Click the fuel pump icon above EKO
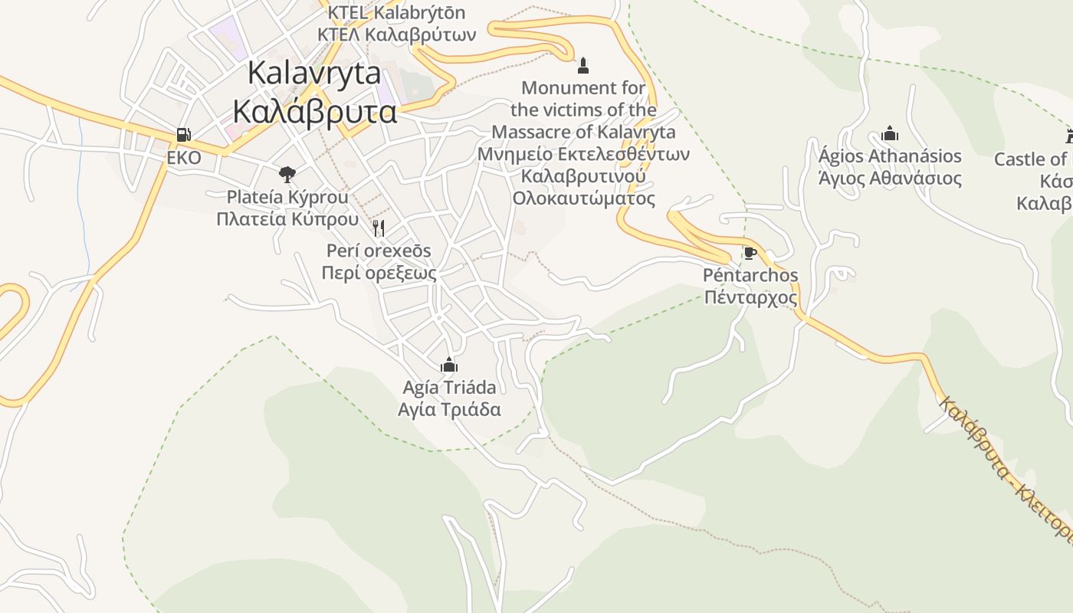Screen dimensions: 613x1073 point(183,135)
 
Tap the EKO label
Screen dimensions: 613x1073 point(184,158)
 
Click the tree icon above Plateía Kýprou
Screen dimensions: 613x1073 point(287,175)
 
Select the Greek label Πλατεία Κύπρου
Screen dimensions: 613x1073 point(287,219)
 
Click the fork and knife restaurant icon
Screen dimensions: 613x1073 point(378,228)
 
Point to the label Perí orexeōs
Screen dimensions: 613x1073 point(379,251)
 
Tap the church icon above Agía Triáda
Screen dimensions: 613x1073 point(449,365)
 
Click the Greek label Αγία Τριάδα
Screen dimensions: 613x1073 point(449,409)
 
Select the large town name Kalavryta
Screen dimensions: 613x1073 point(314,73)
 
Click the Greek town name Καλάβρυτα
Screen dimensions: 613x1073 point(314,112)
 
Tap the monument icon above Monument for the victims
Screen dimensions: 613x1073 point(583,65)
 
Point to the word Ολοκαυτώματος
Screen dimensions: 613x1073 point(584,198)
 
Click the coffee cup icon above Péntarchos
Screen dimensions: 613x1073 point(750,253)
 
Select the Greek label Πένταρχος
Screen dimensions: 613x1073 point(750,297)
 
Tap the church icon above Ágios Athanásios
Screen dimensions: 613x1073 point(890,134)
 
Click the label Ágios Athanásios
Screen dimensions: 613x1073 point(890,156)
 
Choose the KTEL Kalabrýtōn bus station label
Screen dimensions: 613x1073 point(396,13)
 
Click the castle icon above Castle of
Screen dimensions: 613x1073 point(1069,137)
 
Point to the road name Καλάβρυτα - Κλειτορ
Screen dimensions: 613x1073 point(1004,467)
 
